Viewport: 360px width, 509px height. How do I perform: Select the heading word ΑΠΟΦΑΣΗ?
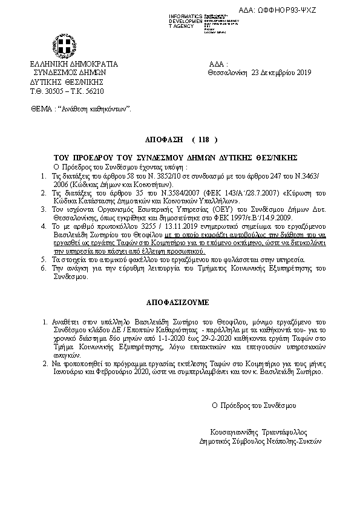click(163, 138)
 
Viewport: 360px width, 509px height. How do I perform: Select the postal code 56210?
click(94, 91)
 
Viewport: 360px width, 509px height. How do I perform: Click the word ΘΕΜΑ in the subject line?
click(41, 110)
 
